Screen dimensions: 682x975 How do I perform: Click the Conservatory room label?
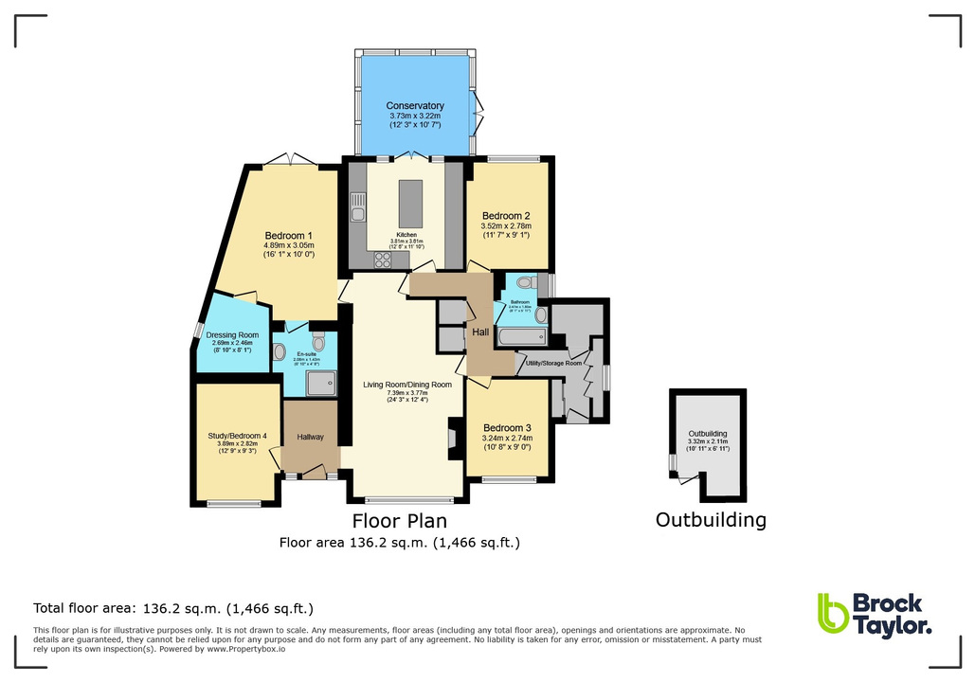tap(415, 106)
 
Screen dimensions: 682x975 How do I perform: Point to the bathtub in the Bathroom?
tap(520, 335)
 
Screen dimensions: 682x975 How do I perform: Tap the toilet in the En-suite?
tap(318, 342)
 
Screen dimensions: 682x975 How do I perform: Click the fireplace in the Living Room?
tap(452, 438)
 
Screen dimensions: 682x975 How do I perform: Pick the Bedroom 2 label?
tap(506, 215)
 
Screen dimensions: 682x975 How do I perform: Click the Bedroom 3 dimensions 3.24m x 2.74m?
tap(507, 438)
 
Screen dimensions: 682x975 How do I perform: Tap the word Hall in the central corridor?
tap(480, 332)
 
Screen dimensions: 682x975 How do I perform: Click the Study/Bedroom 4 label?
tap(238, 436)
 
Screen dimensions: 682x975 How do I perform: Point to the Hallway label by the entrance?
tap(310, 437)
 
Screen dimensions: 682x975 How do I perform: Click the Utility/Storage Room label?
tap(554, 363)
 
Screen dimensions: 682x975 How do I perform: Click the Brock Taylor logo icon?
tap(832, 613)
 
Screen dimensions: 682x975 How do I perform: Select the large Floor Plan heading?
tap(399, 520)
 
